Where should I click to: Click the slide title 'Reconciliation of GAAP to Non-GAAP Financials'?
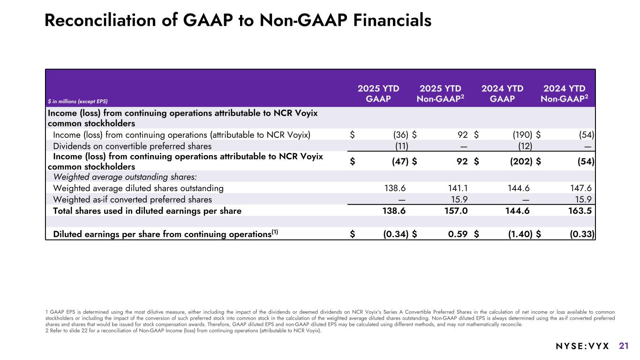pos(238,20)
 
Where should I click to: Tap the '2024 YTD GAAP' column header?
pos(502,93)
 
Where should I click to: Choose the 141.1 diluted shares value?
pos(458,188)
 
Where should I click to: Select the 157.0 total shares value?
pos(457,211)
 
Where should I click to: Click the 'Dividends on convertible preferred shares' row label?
pos(132,146)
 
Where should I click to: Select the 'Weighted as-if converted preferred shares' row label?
pos(132,199)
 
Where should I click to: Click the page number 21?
pos(624,346)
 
